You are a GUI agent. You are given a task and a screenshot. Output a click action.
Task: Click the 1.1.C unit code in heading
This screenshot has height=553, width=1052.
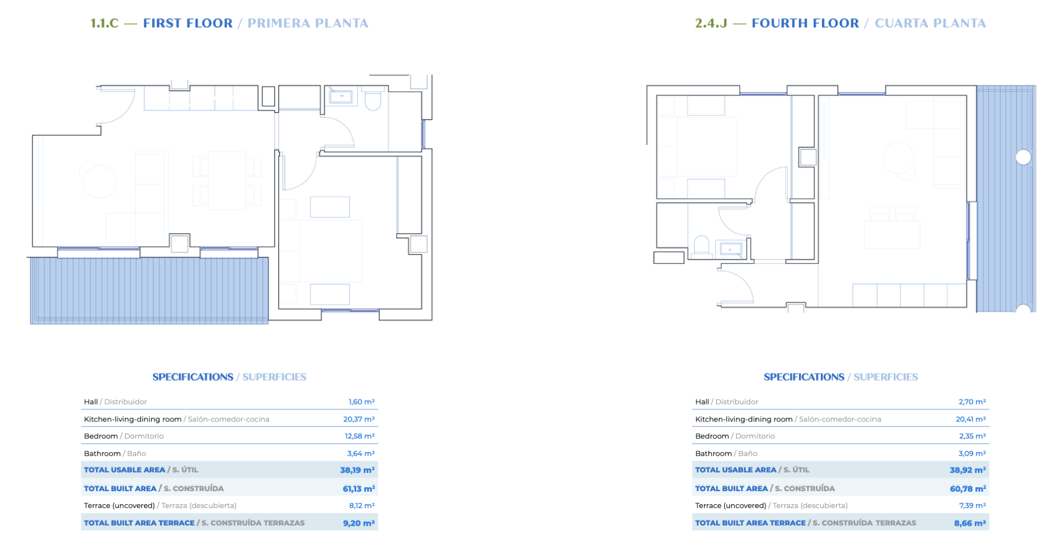pyautogui.click(x=104, y=23)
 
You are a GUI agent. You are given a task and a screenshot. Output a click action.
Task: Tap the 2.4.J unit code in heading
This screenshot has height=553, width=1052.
pyautogui.click(x=711, y=23)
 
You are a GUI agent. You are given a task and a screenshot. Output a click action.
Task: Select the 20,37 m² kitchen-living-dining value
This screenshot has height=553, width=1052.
pyautogui.click(x=359, y=419)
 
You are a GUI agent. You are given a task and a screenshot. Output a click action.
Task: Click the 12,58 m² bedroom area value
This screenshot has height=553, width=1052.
pyautogui.click(x=359, y=436)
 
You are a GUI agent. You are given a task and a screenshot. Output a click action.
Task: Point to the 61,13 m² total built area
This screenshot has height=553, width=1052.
pyautogui.click(x=359, y=488)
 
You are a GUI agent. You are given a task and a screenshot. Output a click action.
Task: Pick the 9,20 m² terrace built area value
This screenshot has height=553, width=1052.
pyautogui.click(x=359, y=523)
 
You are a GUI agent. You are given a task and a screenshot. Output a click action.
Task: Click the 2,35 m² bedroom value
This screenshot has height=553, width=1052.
pyautogui.click(x=972, y=436)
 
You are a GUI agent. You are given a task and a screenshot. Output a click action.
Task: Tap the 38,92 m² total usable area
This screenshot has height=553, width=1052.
pyautogui.click(x=968, y=470)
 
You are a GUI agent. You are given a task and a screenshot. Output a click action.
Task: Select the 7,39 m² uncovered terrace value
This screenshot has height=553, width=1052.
pyautogui.click(x=972, y=505)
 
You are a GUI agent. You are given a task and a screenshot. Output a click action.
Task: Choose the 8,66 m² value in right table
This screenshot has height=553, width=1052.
pyautogui.click(x=970, y=523)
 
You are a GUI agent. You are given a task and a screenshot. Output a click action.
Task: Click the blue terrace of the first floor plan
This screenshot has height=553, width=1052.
pyautogui.click(x=149, y=291)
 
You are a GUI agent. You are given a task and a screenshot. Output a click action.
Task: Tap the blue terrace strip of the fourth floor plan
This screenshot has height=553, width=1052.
pyautogui.click(x=1006, y=199)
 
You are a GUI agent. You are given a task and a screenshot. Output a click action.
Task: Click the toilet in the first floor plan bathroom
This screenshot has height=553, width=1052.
pyautogui.click(x=373, y=101)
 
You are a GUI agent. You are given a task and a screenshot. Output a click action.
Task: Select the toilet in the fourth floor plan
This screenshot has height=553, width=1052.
pyautogui.click(x=701, y=246)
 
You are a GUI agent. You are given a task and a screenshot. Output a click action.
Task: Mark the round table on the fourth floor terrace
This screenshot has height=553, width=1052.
pyautogui.click(x=1024, y=158)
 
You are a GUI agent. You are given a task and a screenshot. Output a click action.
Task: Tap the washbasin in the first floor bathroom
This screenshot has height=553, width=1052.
pyautogui.click(x=341, y=96)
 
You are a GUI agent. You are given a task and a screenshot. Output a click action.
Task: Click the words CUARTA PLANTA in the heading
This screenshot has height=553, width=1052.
pyautogui.click(x=930, y=23)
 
